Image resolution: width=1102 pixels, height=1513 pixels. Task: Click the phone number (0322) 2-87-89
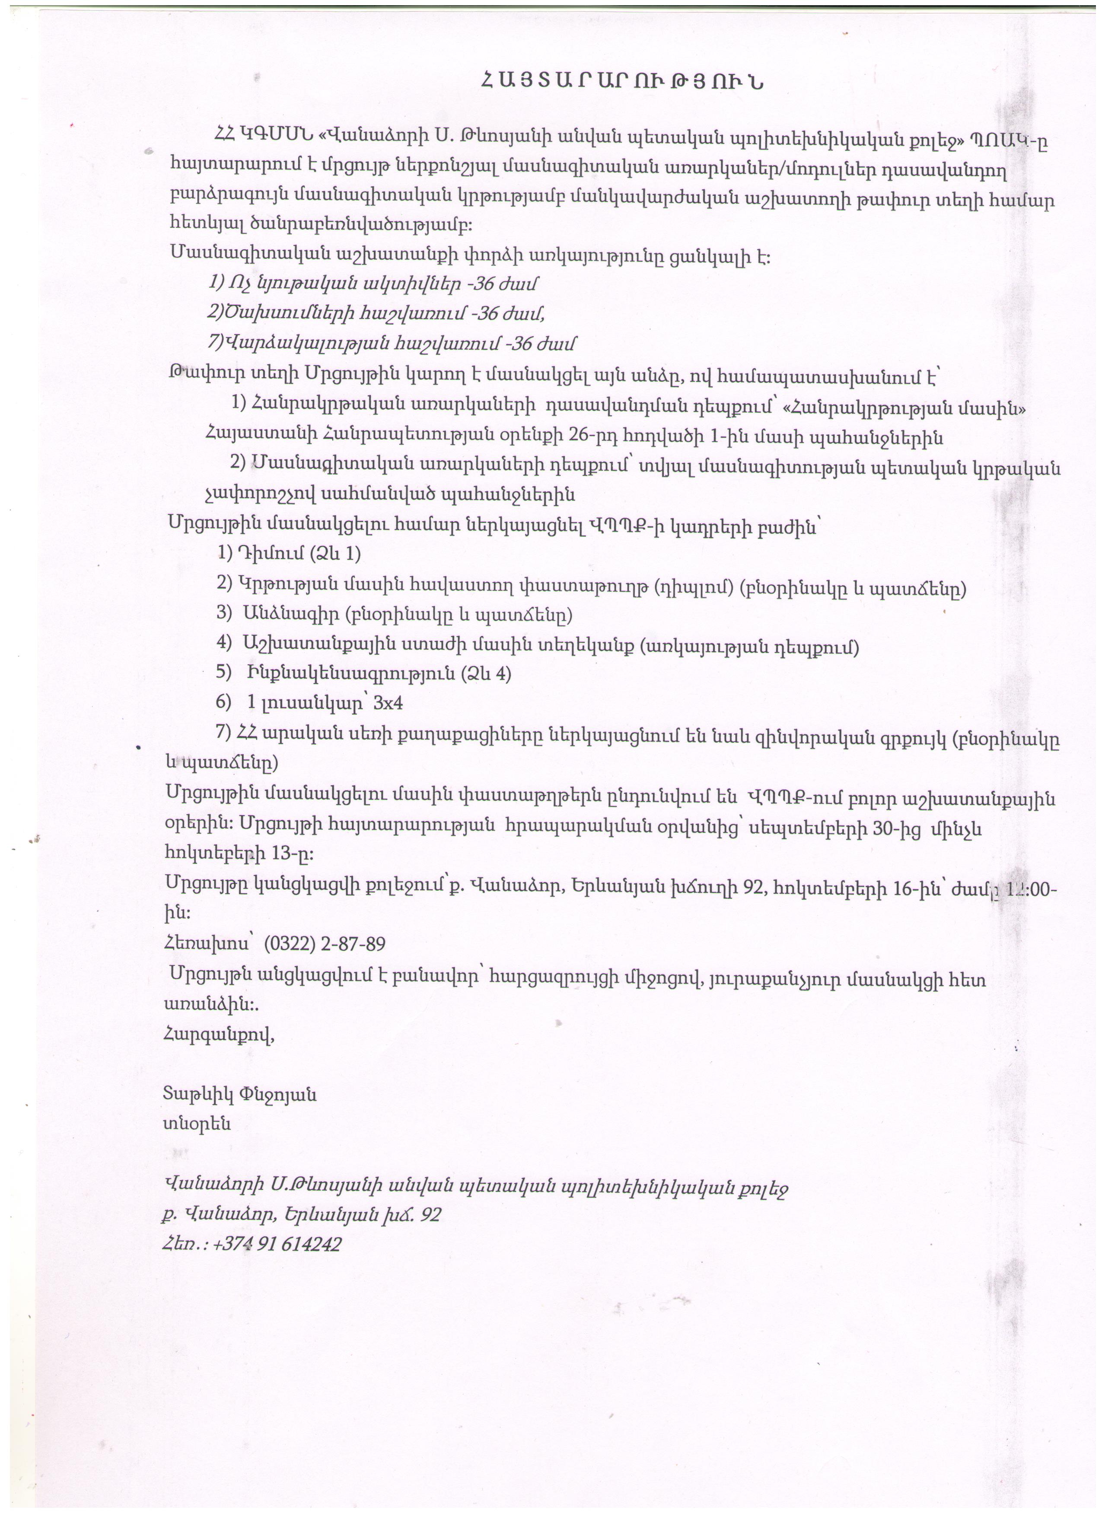(x=325, y=944)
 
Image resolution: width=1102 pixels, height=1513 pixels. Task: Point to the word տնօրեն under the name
(x=197, y=1124)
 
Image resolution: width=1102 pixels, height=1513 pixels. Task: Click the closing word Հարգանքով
(x=219, y=1035)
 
